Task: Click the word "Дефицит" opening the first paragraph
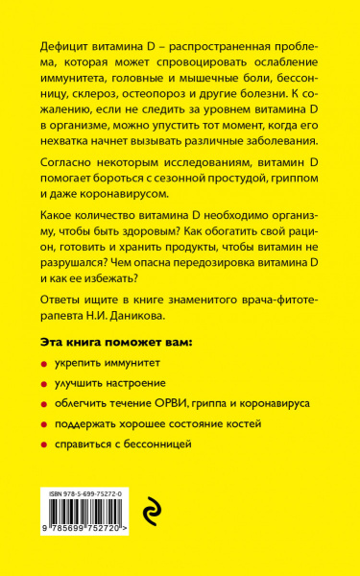tap(65, 47)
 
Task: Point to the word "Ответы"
tap(64, 300)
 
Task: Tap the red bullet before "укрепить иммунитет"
tap(47, 366)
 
